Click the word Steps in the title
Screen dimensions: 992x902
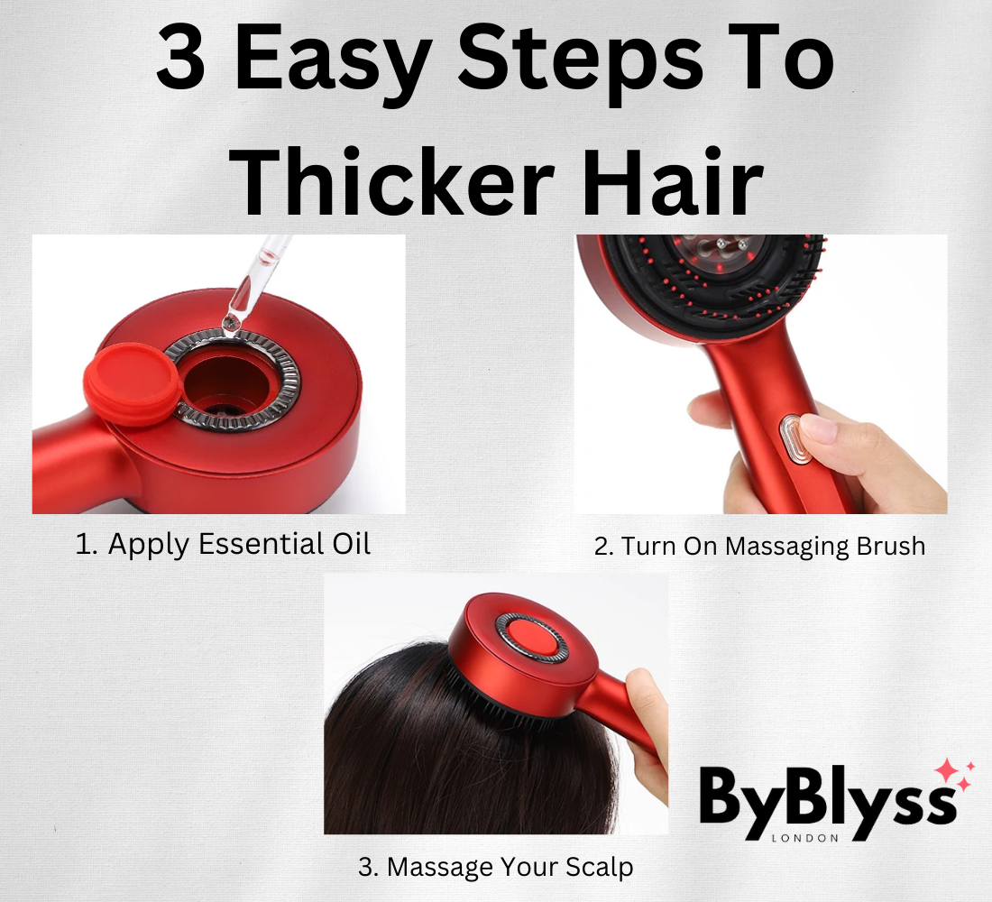coord(580,64)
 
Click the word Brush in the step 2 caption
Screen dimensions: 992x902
coord(890,546)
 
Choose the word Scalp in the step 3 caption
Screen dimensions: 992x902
coord(599,867)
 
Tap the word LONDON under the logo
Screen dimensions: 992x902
coord(804,838)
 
